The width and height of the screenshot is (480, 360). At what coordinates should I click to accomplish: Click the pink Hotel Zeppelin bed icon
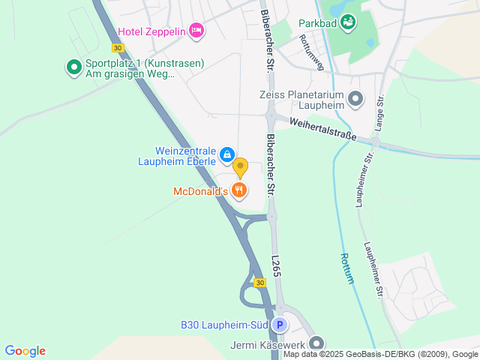tap(196, 31)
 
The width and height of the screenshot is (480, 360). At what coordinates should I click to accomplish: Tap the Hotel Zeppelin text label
tap(151, 31)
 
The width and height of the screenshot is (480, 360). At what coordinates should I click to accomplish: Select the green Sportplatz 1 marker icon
tap(74, 68)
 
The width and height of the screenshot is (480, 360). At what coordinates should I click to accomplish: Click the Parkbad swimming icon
tap(349, 23)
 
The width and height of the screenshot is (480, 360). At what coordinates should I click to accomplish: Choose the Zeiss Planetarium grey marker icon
tap(355, 99)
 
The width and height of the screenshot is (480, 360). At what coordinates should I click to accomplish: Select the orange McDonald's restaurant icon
tap(239, 190)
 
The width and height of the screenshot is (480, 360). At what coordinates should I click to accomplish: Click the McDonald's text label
tap(200, 191)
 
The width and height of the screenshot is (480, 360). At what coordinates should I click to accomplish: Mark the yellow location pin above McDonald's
tap(240, 166)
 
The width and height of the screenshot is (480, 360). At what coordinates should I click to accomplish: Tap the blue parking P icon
tap(279, 325)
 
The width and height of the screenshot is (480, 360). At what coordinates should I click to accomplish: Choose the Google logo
tap(25, 351)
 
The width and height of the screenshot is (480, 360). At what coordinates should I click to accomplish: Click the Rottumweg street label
tap(310, 51)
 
